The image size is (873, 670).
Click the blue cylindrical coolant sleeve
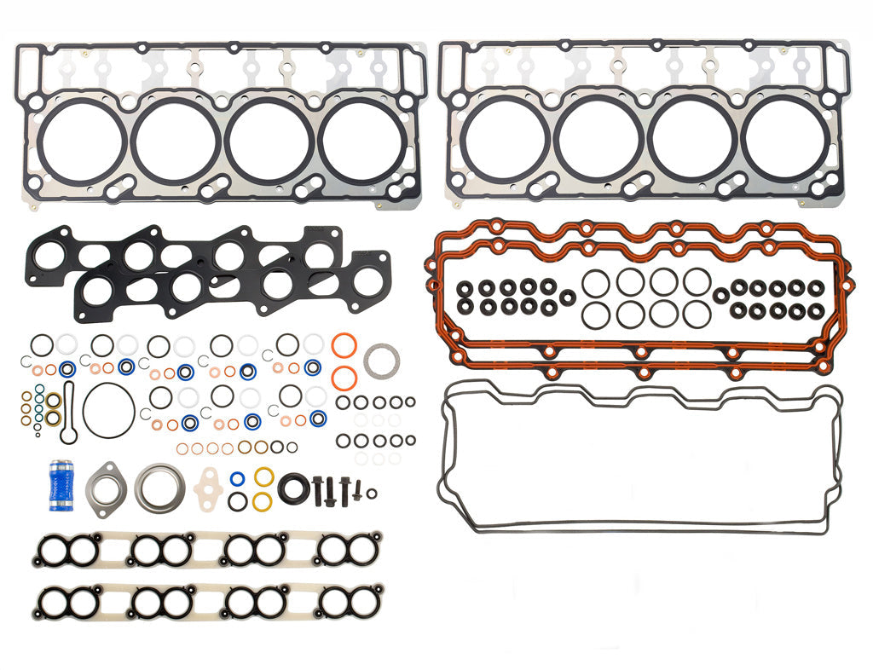coord(61,486)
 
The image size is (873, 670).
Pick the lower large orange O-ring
coord(343,378)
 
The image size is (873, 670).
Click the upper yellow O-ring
coord(263,476)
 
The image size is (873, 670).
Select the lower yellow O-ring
coord(263,500)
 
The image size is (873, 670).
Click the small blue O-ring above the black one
coord(239,478)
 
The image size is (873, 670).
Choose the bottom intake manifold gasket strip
coord(208,602)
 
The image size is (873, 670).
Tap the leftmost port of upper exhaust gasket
coord(53,252)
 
